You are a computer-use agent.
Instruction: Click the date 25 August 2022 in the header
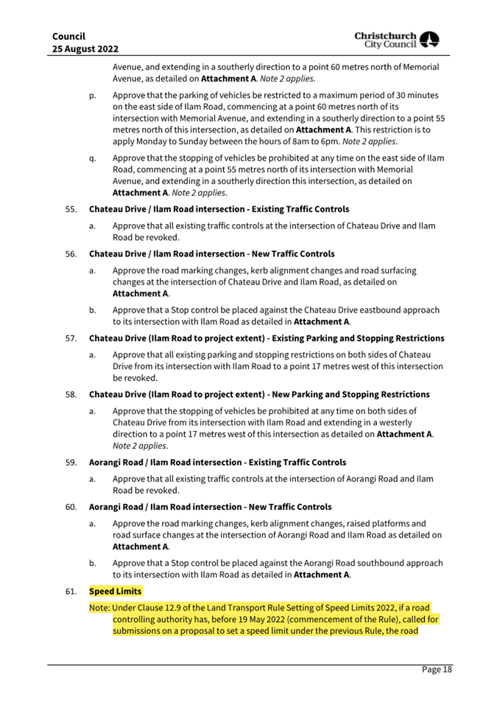pos(85,49)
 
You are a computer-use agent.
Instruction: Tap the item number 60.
pos(71,507)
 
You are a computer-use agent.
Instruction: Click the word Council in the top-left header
pos(68,35)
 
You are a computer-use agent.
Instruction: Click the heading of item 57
pos(266,338)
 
